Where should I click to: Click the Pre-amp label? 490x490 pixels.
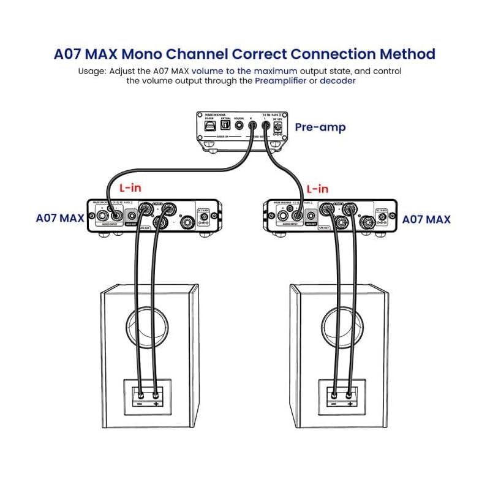click(320, 127)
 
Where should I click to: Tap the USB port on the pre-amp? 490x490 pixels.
click(208, 124)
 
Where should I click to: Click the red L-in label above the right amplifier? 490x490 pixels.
click(317, 189)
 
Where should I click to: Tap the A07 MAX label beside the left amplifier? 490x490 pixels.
click(60, 217)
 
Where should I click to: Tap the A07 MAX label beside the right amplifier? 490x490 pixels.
click(426, 218)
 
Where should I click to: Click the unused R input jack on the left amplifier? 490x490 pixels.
click(99, 215)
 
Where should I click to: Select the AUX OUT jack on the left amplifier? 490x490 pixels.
click(132, 216)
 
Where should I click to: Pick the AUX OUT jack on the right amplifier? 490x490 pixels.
click(312, 216)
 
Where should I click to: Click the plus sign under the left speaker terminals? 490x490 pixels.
click(156, 404)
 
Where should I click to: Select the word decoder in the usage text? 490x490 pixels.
click(337, 81)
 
